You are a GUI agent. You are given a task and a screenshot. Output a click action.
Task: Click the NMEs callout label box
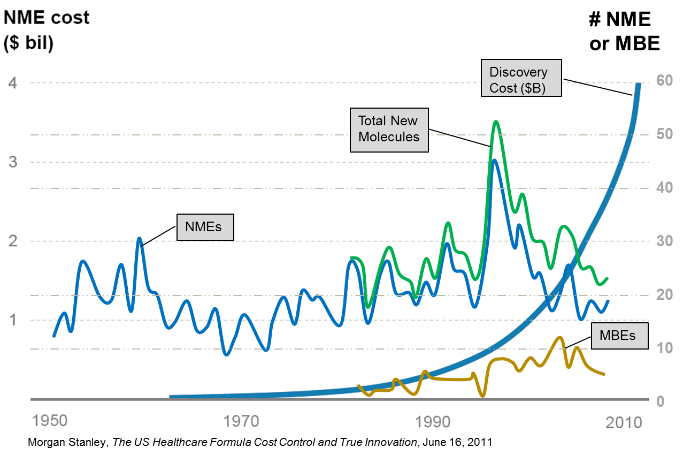click(205, 227)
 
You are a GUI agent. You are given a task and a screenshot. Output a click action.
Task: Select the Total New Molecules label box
click(389, 129)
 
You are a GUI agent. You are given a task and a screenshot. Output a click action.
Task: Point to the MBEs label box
click(619, 336)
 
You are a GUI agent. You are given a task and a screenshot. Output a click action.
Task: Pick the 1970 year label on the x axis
click(241, 421)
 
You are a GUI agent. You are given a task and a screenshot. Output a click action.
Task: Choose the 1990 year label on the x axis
click(433, 421)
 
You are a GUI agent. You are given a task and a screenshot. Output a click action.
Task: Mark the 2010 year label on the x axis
click(624, 423)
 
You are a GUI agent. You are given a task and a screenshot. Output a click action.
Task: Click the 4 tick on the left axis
click(13, 83)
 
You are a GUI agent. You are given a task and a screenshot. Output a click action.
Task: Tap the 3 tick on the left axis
click(13, 162)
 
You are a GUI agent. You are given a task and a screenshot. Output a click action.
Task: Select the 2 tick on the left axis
click(13, 241)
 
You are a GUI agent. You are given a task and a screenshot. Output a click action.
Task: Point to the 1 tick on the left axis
click(13, 320)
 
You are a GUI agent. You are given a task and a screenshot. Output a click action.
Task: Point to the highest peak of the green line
click(496, 122)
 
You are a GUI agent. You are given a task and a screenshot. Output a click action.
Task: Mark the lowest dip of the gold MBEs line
click(482, 396)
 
